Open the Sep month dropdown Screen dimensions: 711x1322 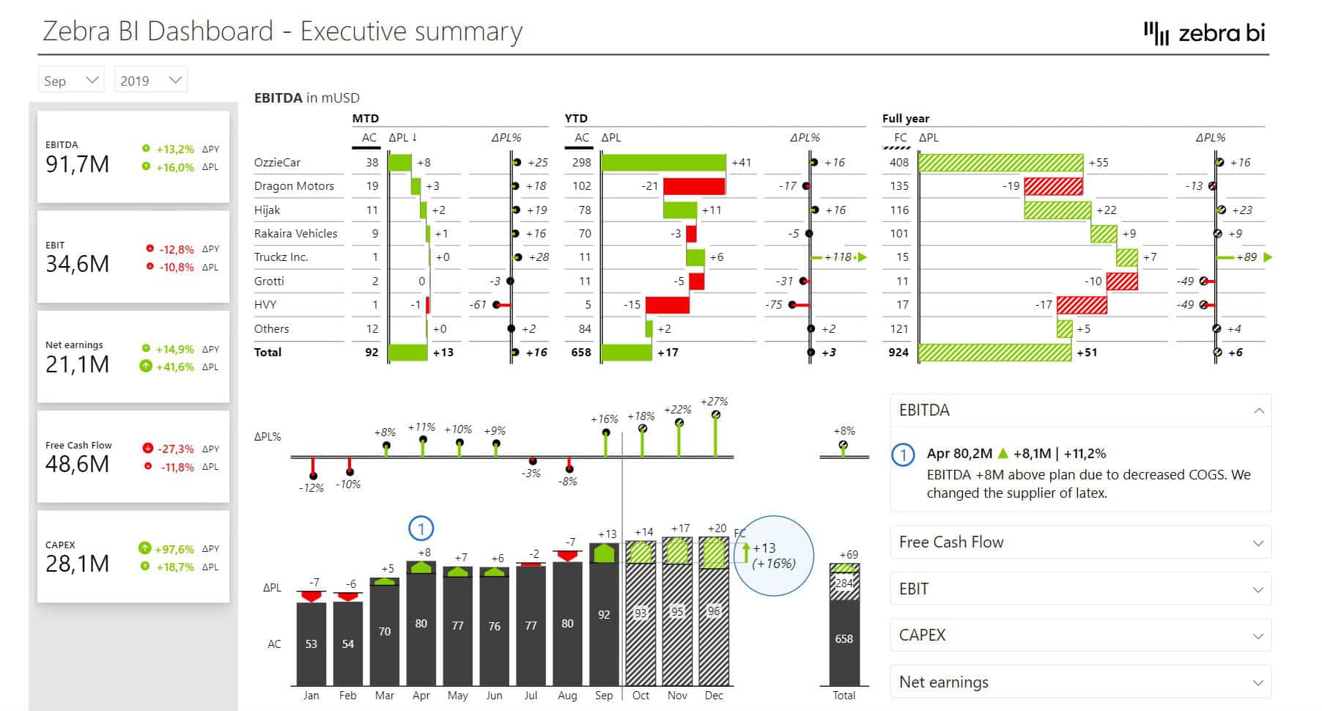[71, 80]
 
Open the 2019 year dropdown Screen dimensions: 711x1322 [150, 80]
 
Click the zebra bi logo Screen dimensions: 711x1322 [1205, 33]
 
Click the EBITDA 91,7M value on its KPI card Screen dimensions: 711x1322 [77, 164]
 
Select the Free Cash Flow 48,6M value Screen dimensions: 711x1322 [77, 464]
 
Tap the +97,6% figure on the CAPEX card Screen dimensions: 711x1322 [174, 549]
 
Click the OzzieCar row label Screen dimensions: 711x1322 [277, 163]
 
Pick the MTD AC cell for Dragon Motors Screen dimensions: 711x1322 [372, 186]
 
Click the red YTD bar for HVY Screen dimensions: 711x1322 [667, 305]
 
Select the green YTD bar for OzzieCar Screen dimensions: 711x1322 [663, 163]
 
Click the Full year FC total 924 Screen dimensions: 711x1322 [898, 353]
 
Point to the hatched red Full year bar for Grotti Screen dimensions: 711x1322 [1121, 281]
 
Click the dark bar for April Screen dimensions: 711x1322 [421, 630]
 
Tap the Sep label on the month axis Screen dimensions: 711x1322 [604, 696]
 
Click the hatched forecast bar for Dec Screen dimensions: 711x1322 [714, 623]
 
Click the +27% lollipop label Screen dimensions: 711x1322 [714, 402]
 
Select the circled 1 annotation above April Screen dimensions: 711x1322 [421, 528]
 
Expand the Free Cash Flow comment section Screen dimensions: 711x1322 [1080, 542]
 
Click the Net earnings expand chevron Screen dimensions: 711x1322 [1258, 682]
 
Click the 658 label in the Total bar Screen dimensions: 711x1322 [843, 639]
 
